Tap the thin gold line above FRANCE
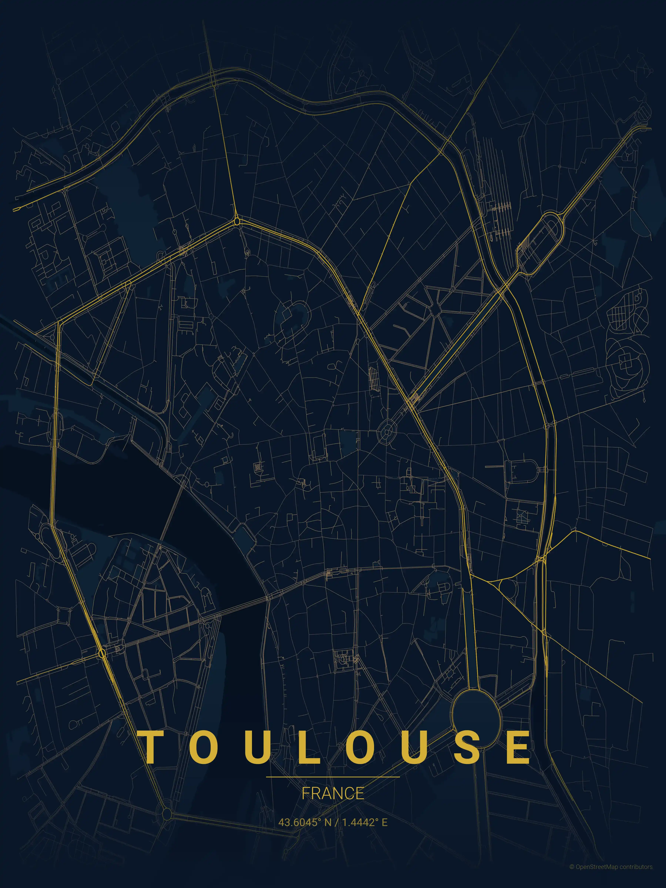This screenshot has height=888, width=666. click(x=333, y=777)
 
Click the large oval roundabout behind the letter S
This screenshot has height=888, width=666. click(x=477, y=718)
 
